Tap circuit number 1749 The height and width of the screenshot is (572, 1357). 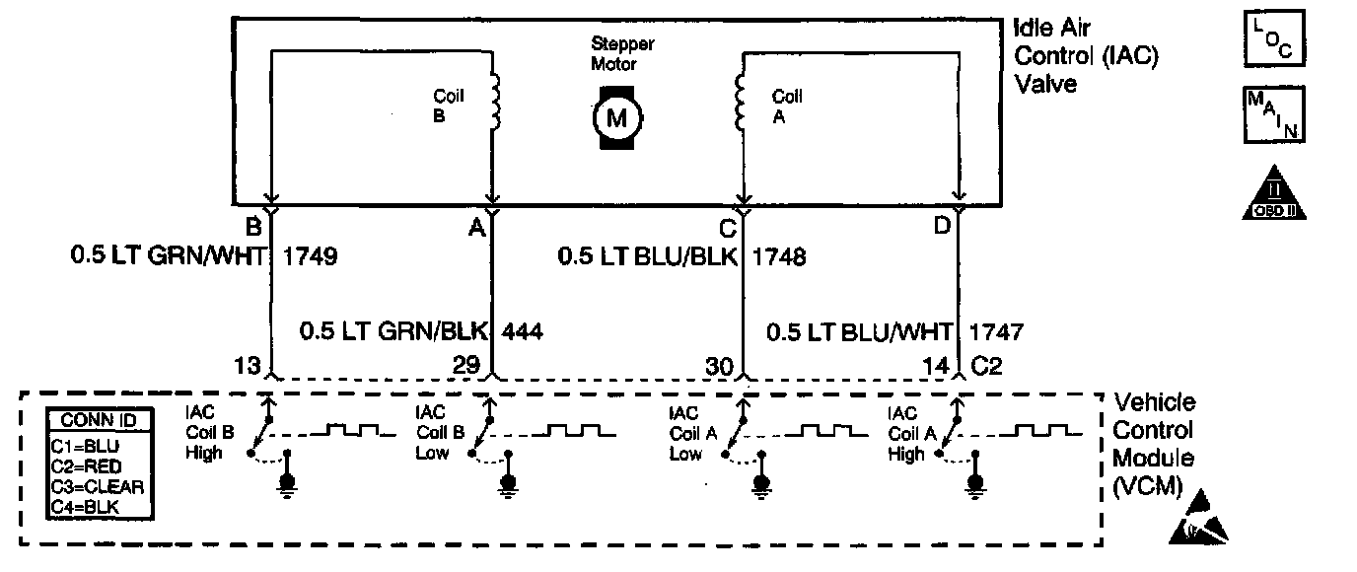pyautogui.click(x=311, y=258)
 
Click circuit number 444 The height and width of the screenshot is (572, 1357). pyautogui.click(x=523, y=331)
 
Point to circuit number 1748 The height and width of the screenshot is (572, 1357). pyautogui.click(x=779, y=258)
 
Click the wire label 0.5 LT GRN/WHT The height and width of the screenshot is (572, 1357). pyautogui.click(x=169, y=258)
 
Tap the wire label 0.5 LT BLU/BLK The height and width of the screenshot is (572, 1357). pyautogui.click(x=650, y=258)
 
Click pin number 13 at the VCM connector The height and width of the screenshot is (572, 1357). pyautogui.click(x=248, y=367)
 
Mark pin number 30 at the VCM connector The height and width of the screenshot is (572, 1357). pyautogui.click(x=720, y=367)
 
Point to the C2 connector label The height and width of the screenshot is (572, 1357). pyautogui.click(x=987, y=367)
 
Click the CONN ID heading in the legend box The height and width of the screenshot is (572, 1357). pyautogui.click(x=99, y=421)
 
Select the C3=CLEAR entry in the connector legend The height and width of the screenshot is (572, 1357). pyautogui.click(x=97, y=485)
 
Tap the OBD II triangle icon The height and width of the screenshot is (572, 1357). pyautogui.click(x=1272, y=192)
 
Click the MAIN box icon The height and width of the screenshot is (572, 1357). pyautogui.click(x=1273, y=115)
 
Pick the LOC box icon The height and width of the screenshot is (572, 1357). pyautogui.click(x=1273, y=37)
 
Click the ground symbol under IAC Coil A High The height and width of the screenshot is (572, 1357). pyautogui.click(x=976, y=480)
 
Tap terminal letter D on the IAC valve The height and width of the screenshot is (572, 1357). pyautogui.click(x=942, y=226)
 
